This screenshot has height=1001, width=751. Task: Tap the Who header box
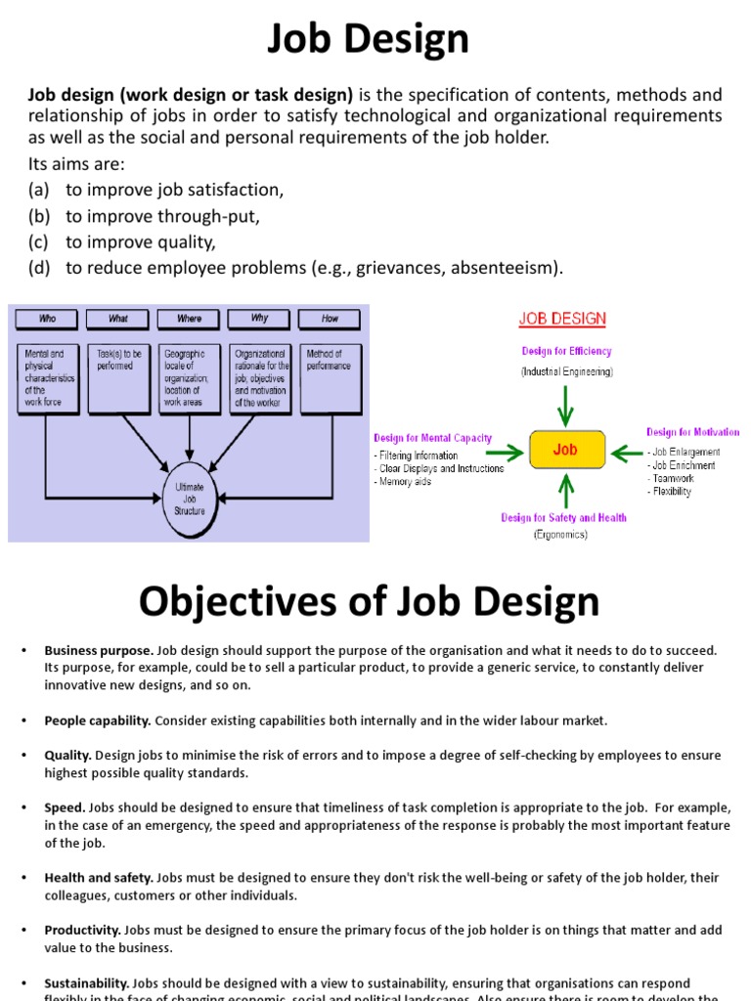(47, 319)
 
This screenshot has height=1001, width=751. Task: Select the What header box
(118, 319)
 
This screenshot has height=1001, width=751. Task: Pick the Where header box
(189, 319)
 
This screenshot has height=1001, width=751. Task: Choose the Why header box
(259, 319)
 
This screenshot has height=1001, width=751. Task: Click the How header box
(331, 319)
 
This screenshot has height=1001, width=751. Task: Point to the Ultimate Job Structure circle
(190, 498)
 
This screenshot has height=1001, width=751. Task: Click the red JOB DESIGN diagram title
(562, 319)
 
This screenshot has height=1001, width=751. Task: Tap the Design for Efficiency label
(566, 351)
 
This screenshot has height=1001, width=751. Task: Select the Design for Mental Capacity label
(432, 438)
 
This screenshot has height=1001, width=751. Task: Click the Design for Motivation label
(692, 432)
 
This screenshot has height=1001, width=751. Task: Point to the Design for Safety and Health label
(563, 518)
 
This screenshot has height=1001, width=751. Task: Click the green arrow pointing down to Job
(566, 404)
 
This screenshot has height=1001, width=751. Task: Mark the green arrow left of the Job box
(504, 452)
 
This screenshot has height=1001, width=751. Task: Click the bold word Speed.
(66, 808)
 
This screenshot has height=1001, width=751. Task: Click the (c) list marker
(39, 241)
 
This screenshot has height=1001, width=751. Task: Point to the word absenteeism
(505, 268)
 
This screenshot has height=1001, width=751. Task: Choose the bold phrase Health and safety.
(99, 878)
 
